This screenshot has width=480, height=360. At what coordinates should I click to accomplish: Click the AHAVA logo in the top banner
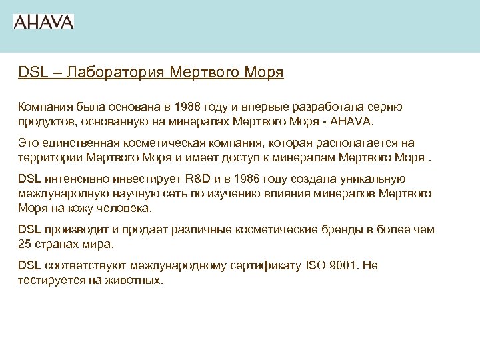[43, 21]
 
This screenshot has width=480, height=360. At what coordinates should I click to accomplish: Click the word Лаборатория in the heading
[109, 72]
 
